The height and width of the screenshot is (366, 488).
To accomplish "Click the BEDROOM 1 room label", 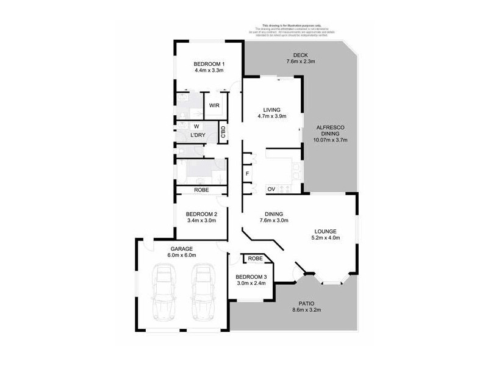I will pyautogui.click(x=209, y=64).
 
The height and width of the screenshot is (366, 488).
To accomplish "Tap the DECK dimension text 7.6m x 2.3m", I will pyautogui.click(x=301, y=61).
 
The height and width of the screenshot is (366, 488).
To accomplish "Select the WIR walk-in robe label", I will pyautogui.click(x=214, y=106).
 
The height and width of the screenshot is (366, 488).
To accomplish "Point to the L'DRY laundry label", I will pyautogui.click(x=197, y=135).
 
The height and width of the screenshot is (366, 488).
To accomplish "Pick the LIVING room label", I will pyautogui.click(x=272, y=110).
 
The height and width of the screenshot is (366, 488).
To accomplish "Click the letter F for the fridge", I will pyautogui.click(x=247, y=173).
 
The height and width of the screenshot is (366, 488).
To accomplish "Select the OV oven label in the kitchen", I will pyautogui.click(x=271, y=189).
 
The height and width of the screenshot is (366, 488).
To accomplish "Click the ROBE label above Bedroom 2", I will pyautogui.click(x=202, y=190).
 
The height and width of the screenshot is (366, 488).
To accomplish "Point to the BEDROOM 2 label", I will pyautogui.click(x=202, y=213).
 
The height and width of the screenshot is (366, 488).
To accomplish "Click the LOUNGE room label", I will pyautogui.click(x=326, y=231).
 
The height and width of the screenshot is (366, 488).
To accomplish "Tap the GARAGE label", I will pyautogui.click(x=181, y=249).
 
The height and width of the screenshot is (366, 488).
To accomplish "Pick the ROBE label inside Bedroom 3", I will pyautogui.click(x=256, y=259).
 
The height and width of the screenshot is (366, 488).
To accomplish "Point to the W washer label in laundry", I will pyautogui.click(x=196, y=126).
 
